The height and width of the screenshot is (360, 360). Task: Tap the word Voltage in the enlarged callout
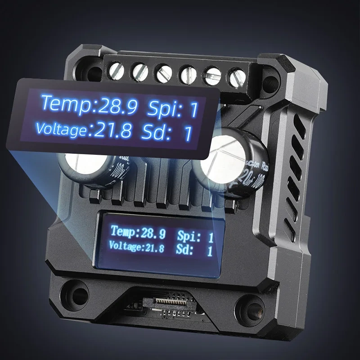(x=61, y=129)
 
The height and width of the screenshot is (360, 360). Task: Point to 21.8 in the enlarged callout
(x=112, y=131)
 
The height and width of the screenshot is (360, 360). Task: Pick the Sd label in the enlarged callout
(x=155, y=132)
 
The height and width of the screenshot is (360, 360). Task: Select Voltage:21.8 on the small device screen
(x=136, y=247)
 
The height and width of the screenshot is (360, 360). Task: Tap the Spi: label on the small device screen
(x=189, y=235)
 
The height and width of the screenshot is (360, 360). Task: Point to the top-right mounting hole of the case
(x=270, y=82)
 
